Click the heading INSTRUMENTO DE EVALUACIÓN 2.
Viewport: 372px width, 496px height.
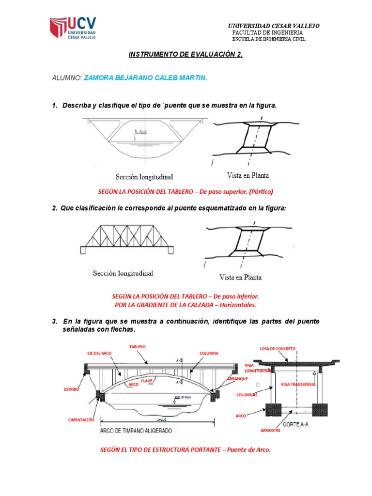pyautogui.click(x=186, y=54)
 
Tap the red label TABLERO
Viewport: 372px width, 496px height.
pyautogui.click(x=138, y=347)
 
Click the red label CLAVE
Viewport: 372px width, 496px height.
pyautogui.click(x=147, y=381)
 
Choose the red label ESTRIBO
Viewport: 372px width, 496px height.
pyautogui.click(x=71, y=389)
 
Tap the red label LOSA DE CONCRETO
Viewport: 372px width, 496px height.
pyautogui.click(x=278, y=349)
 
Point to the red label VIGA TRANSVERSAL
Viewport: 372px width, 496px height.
pyautogui.click(x=298, y=384)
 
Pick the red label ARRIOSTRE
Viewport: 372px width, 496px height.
pyautogui.click(x=270, y=430)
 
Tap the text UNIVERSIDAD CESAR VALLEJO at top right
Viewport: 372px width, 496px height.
pyautogui.click(x=274, y=26)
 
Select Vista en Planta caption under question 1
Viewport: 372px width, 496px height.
pyautogui.click(x=248, y=175)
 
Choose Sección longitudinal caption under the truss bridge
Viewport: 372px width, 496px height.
pyautogui.click(x=123, y=274)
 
